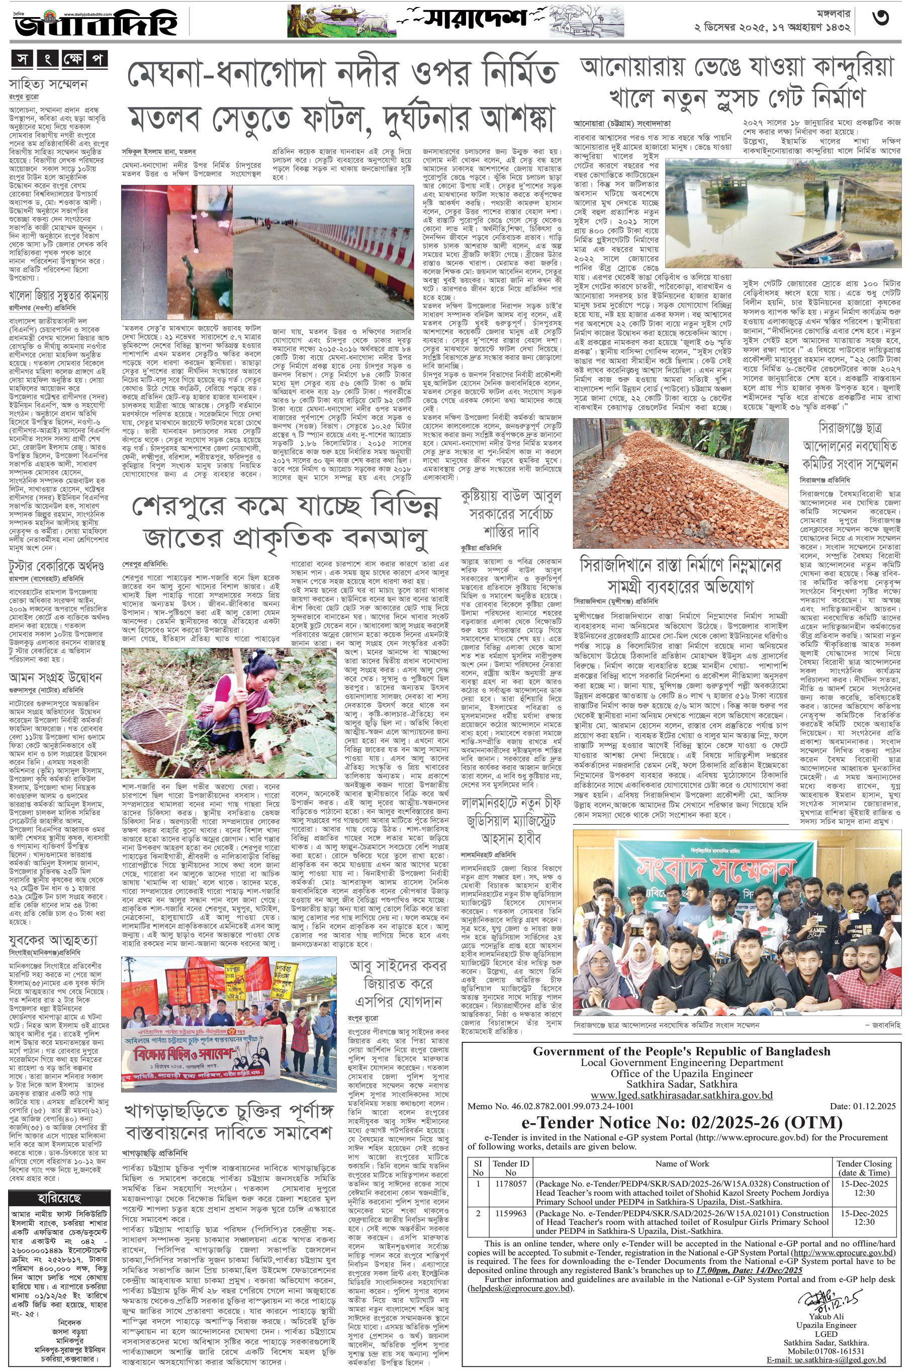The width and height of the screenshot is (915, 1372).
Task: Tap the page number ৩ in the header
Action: click(x=881, y=19)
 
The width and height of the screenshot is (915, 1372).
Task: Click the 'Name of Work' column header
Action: click(x=682, y=1163)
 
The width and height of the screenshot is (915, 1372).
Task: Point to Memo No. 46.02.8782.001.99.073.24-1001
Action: click(x=551, y=1106)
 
